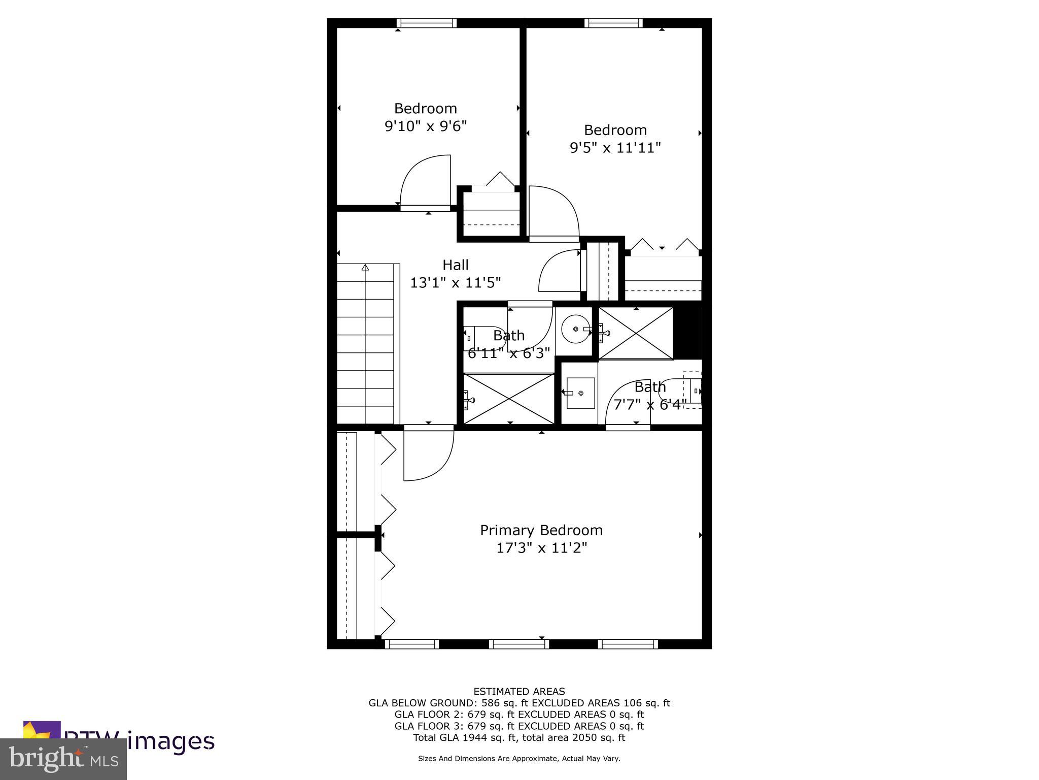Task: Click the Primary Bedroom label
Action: [541, 530]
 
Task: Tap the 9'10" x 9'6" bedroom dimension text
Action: [426, 126]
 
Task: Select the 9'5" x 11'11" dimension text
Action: [615, 148]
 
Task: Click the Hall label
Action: [455, 265]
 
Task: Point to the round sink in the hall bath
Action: [576, 329]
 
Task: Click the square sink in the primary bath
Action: [580, 393]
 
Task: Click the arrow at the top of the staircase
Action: [365, 268]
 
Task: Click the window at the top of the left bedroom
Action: [426, 23]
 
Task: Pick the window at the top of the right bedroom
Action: [613, 23]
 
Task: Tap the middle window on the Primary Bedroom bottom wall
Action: [518, 644]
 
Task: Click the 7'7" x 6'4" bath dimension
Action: [650, 405]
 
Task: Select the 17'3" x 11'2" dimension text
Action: [541, 548]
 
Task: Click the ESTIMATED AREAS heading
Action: [519, 691]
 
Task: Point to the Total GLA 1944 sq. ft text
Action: [519, 737]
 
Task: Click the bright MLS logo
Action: [63, 759]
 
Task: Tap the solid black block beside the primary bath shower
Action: [687, 333]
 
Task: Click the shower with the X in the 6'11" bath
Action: [509, 399]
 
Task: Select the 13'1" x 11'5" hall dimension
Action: [455, 283]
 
